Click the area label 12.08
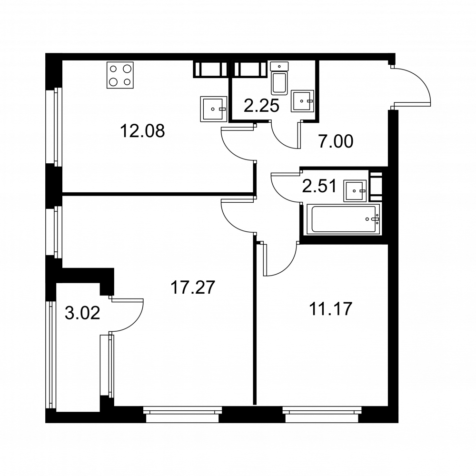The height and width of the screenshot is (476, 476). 142,131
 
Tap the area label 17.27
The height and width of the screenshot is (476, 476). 193,287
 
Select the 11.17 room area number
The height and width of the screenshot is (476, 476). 331,309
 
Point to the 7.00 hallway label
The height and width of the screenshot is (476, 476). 336,141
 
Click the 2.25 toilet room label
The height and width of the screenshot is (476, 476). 261,106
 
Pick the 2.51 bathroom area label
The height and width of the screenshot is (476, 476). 319,186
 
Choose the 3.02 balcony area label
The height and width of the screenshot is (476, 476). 82,313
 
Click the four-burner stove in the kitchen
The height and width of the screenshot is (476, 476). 120,75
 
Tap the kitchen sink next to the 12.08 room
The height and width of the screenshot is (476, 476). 214,109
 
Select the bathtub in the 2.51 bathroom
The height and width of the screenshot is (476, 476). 343,219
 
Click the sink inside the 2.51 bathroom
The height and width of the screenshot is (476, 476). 355,191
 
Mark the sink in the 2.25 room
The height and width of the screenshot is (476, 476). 302,101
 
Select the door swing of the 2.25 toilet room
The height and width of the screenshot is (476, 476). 279,139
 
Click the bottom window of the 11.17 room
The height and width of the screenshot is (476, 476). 321,415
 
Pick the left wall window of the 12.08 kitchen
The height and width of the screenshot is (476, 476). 54,127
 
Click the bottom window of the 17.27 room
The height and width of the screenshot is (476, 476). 182,415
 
